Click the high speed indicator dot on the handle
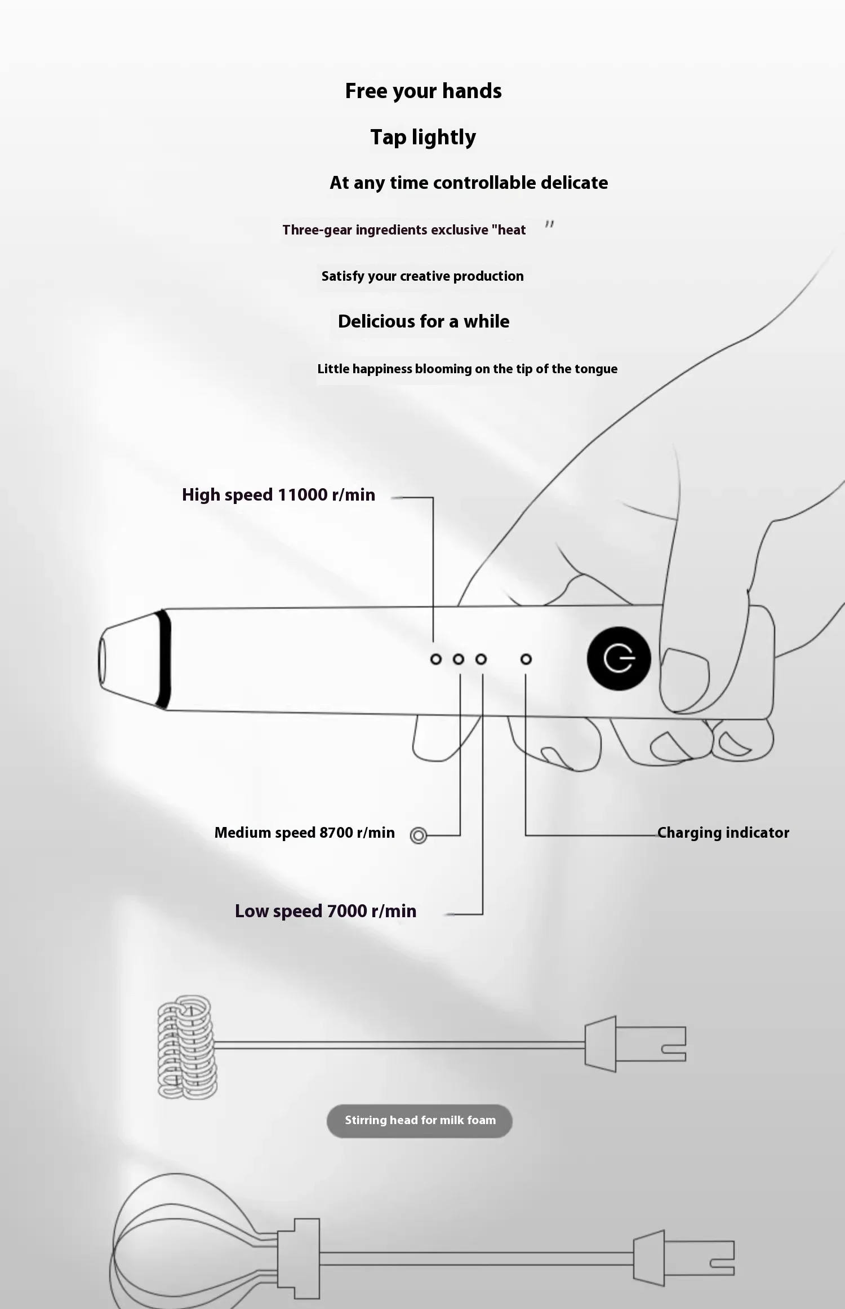coord(435,659)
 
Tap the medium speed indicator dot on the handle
coord(459,659)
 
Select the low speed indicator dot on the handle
coord(481,659)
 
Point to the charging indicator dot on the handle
coord(526,659)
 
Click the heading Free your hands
coord(423,91)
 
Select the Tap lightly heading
coord(423,137)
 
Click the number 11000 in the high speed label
coord(303,494)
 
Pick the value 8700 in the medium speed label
coord(336,833)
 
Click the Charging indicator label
coord(723,833)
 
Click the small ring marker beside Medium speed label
coord(419,835)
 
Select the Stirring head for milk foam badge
coord(420,1120)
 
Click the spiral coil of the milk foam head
coord(186,1046)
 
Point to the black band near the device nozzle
coord(164,659)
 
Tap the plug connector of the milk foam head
coord(635,1043)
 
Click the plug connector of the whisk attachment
coord(683,1258)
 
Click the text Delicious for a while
coord(424,321)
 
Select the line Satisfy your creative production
coord(422,276)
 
